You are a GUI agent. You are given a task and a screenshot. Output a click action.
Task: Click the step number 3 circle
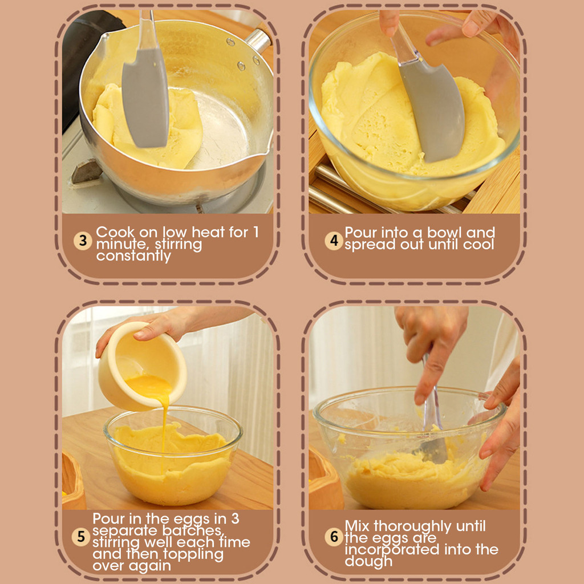click(83, 241)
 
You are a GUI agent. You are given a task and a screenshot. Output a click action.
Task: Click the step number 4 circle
click(334, 241)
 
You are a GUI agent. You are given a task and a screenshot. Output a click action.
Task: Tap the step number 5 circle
click(81, 537)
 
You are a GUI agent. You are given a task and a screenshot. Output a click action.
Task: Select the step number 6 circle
click(334, 537)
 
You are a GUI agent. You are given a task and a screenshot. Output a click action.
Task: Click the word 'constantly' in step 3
click(133, 256)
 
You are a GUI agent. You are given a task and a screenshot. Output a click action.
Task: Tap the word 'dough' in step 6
click(368, 561)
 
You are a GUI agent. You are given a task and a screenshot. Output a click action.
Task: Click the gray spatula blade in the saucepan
click(145, 98)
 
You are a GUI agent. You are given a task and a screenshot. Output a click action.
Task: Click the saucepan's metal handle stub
click(258, 40)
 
